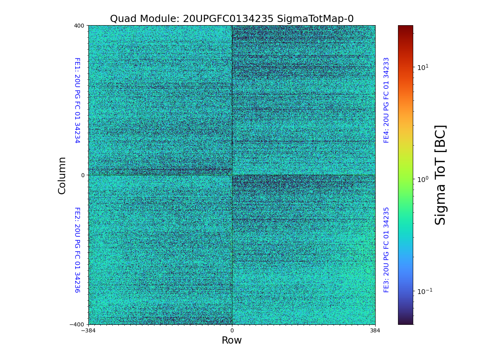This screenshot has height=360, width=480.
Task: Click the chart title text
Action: [x=232, y=19]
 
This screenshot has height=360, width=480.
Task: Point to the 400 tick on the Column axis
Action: [x=79, y=26]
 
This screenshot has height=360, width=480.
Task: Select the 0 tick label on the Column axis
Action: [x=83, y=175]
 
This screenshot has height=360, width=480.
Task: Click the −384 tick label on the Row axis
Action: [x=88, y=330]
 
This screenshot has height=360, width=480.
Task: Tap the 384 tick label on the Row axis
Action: [x=375, y=330]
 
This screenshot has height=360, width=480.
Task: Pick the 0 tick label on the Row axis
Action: [x=232, y=330]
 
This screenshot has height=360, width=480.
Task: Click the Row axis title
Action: [x=232, y=340]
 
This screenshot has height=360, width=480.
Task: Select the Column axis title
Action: [x=62, y=175]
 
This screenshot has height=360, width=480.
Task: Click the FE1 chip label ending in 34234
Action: [x=77, y=100]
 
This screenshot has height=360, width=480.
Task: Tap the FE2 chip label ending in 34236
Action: [x=77, y=250]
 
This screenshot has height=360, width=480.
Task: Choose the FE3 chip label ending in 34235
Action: [x=386, y=250]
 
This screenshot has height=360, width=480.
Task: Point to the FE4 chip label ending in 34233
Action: [x=386, y=100]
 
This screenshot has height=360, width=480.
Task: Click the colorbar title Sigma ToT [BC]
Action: [x=440, y=175]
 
